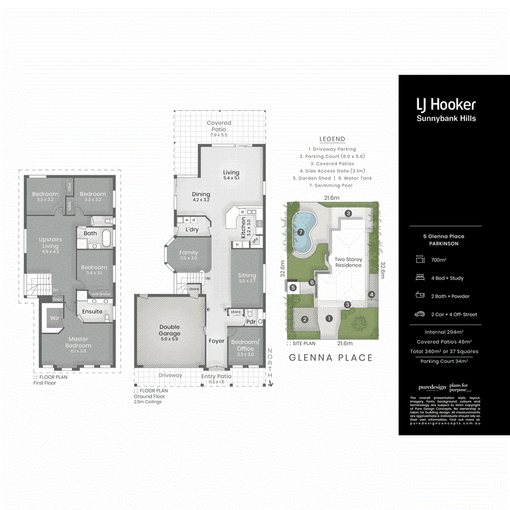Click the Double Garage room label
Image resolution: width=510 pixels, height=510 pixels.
point(169,330)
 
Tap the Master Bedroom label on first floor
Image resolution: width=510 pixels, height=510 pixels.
point(78,342)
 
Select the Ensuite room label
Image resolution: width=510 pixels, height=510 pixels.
point(92,311)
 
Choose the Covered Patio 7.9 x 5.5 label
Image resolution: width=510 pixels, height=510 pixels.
point(219,126)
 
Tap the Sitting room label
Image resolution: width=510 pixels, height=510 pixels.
point(247,278)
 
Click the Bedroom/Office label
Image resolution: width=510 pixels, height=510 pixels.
point(245,345)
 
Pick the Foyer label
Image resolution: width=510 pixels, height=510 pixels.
point(216,341)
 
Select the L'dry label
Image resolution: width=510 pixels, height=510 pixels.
point(191,229)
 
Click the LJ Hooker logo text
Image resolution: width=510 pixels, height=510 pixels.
point(446,104)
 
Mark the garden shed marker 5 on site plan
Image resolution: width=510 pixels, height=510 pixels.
point(293,288)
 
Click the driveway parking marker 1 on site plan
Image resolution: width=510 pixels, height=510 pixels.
point(329,318)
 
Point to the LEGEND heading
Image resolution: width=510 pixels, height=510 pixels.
point(332,139)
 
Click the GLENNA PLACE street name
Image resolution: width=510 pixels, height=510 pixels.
point(331,358)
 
